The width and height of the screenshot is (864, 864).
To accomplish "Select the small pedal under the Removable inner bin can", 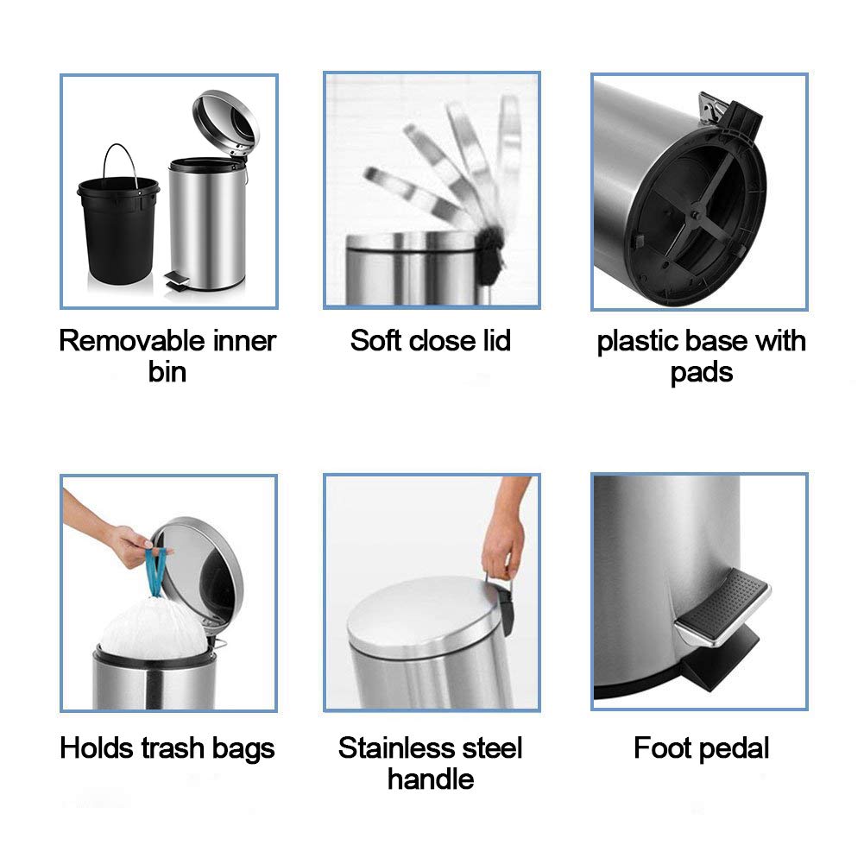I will click(x=176, y=279).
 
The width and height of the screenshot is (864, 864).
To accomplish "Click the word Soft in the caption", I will click(x=376, y=341).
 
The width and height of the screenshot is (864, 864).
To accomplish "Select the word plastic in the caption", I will click(x=639, y=342).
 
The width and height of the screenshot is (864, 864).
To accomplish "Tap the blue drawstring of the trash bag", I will click(x=158, y=570).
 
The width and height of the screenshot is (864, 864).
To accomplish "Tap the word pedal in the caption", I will click(x=736, y=748).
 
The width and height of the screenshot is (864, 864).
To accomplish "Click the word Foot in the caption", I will click(x=663, y=747).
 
